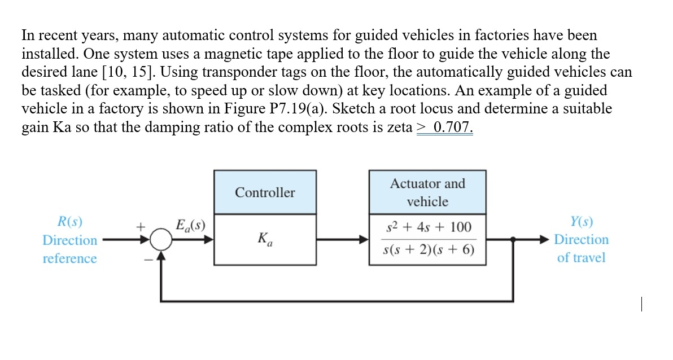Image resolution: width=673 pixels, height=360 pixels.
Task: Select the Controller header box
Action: [265, 192]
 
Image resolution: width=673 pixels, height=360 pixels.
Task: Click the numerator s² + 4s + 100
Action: [427, 227]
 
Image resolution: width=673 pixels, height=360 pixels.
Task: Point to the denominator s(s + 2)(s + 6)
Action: [427, 251]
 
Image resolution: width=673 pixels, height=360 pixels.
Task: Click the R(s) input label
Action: [70, 221]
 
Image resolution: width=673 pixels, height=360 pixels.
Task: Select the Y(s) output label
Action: [581, 221]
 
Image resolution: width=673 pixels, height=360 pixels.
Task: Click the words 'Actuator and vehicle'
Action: [427, 192]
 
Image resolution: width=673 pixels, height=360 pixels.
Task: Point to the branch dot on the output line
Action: [513, 240]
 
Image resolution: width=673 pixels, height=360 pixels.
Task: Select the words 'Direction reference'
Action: [70, 249]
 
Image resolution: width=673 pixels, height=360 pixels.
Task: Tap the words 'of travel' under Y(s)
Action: [581, 258]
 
